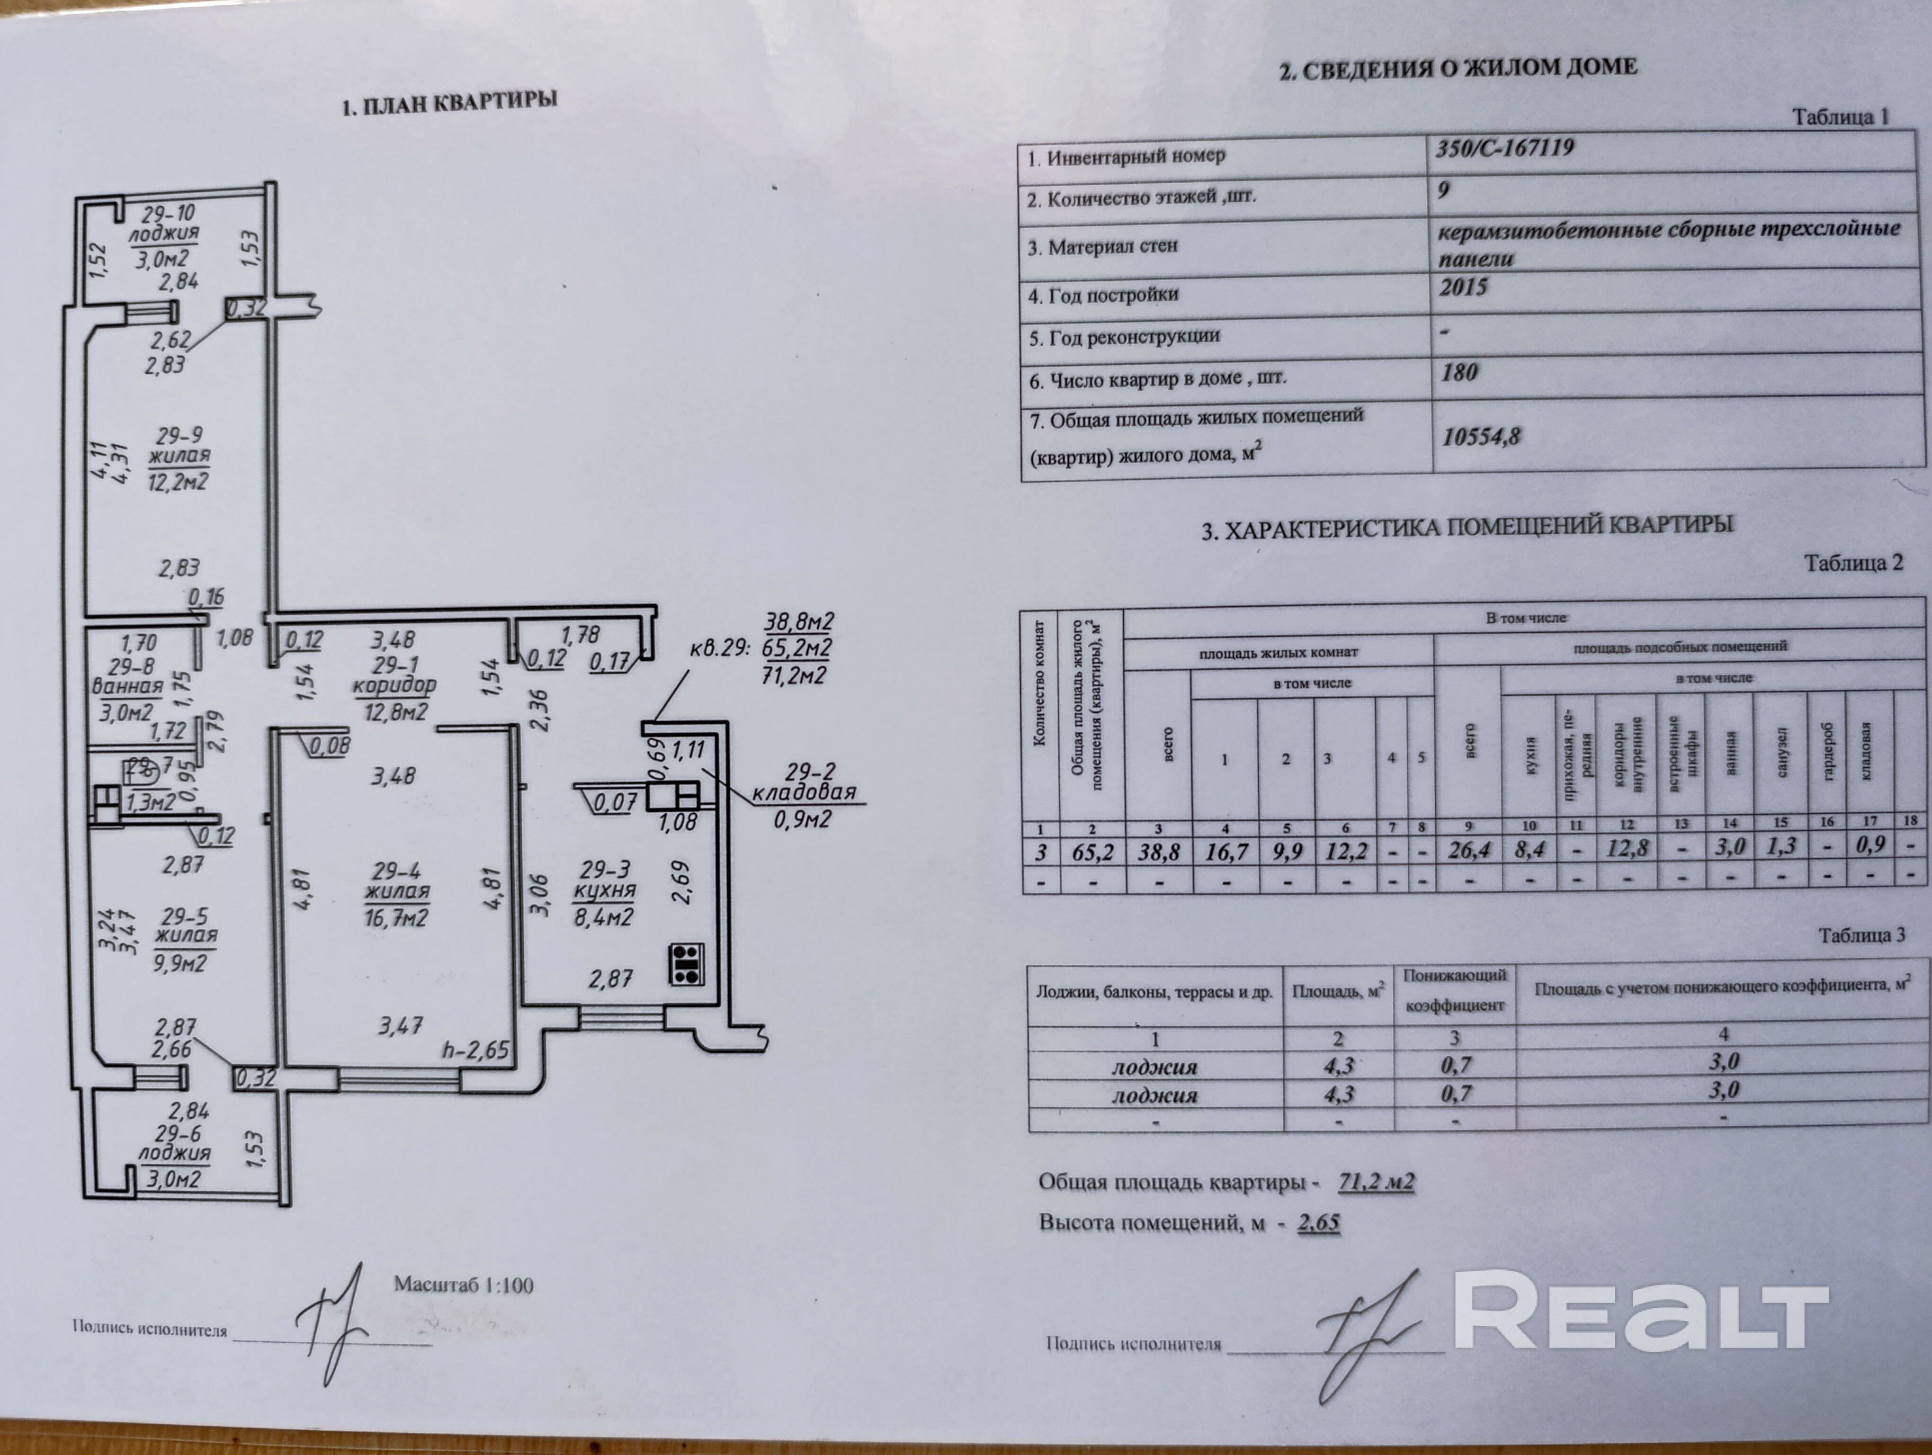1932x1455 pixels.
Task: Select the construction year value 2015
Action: click(1463, 287)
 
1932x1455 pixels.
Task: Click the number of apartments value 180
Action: click(1459, 372)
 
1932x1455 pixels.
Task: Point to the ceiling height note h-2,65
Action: click(475, 1049)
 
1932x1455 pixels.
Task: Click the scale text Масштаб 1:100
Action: click(463, 1284)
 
